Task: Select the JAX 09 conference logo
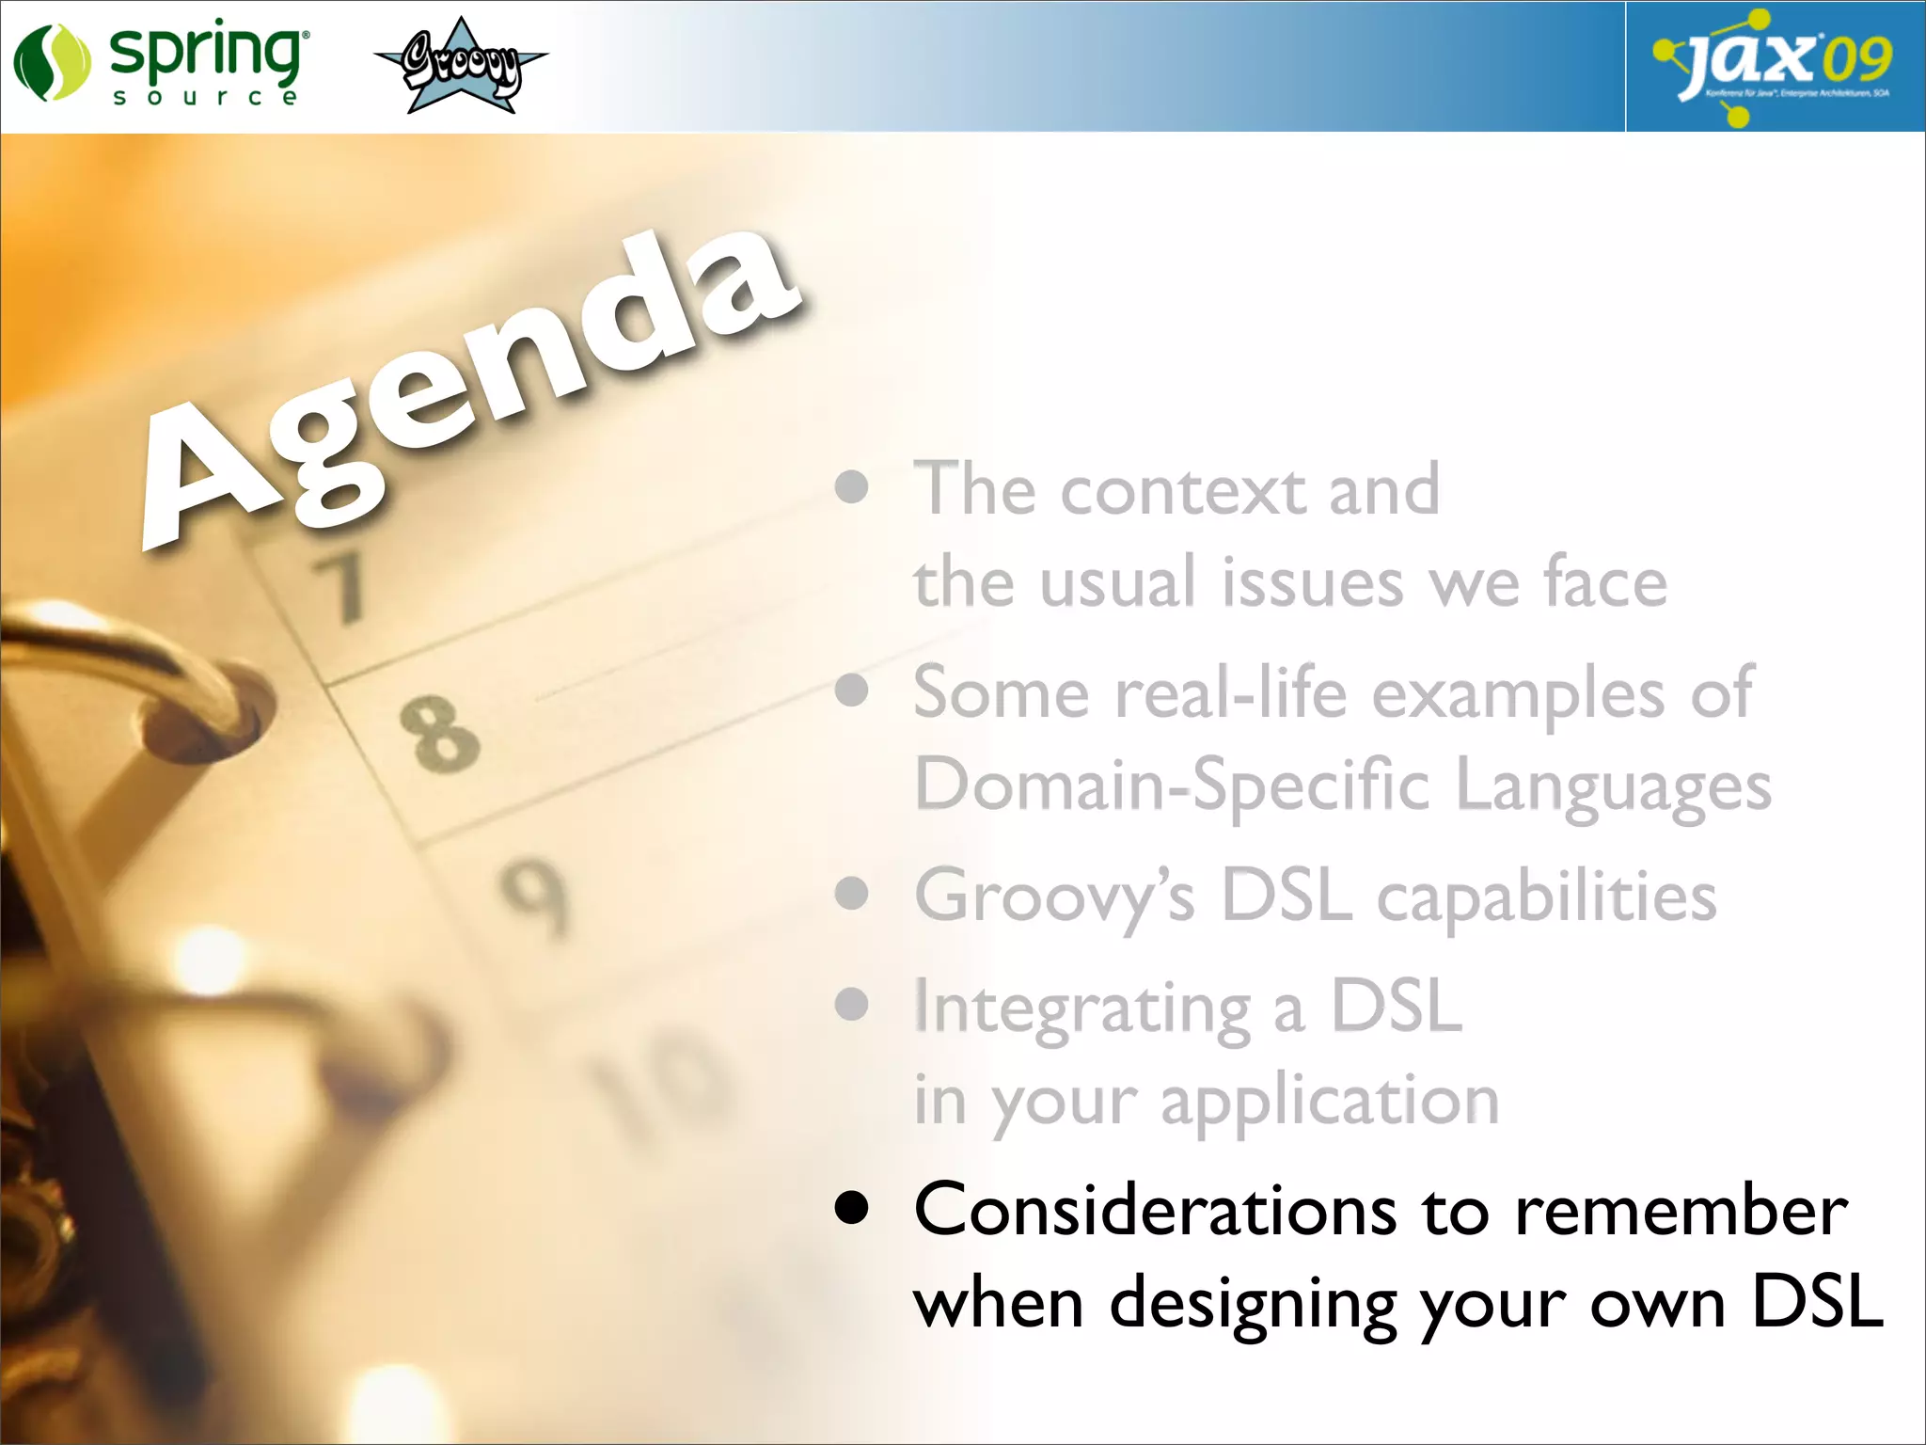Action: pyautogui.click(x=1774, y=66)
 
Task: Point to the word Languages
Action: pyautogui.click(x=1613, y=786)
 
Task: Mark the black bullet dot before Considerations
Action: pyautogui.click(x=852, y=1209)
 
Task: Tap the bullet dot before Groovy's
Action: pyautogui.click(x=852, y=894)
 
